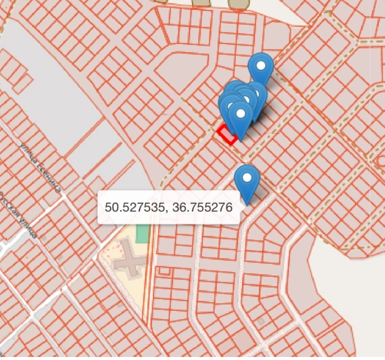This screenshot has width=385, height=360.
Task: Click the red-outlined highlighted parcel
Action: tap(225, 135)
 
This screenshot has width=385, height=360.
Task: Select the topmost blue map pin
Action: tap(262, 69)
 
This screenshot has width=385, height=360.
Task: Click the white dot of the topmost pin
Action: tap(262, 66)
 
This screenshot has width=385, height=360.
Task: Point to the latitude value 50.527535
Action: tap(134, 208)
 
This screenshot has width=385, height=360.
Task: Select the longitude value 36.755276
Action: tap(201, 208)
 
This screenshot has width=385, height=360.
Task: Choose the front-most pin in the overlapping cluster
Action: tap(241, 120)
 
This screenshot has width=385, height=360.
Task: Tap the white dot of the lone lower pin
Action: tap(247, 179)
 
